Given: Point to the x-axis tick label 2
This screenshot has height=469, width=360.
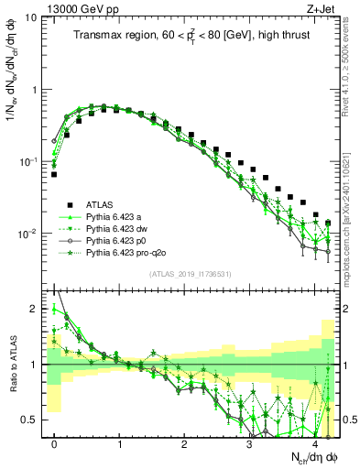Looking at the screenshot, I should point(184,442).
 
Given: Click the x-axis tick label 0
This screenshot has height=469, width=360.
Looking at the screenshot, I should point(55,442).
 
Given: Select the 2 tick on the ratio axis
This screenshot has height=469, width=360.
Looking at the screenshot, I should point(37,309).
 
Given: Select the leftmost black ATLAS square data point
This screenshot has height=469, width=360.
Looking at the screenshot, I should point(54,174).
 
